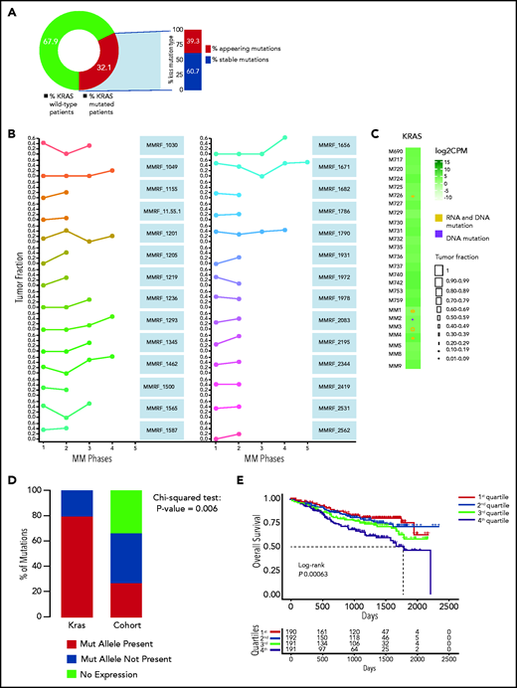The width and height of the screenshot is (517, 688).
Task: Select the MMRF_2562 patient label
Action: point(336,430)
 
